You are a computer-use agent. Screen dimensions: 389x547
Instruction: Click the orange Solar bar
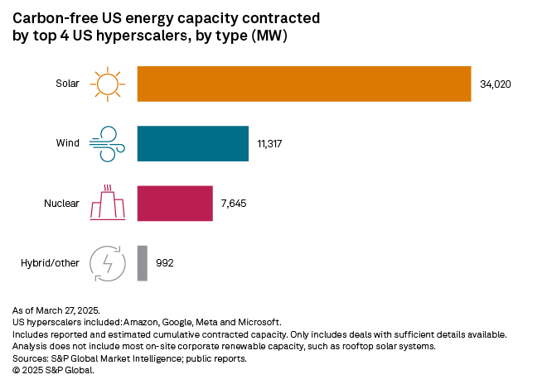tap(304, 84)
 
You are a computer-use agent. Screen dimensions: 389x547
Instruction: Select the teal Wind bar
tap(192, 143)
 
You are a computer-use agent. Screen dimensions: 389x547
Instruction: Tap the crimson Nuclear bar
tap(175, 203)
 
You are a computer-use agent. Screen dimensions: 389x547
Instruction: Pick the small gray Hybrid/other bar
tap(142, 263)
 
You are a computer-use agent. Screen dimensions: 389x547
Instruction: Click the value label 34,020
tap(496, 84)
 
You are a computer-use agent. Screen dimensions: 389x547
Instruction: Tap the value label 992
tap(165, 263)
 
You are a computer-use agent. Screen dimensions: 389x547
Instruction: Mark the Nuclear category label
tap(61, 203)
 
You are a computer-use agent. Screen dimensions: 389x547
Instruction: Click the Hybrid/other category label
tap(50, 263)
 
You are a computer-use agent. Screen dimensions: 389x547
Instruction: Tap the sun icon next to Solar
tap(107, 84)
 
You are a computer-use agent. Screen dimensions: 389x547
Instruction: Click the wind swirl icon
tap(107, 143)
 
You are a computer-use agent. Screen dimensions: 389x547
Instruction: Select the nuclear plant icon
tap(107, 203)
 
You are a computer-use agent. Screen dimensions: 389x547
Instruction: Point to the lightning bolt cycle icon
tap(107, 263)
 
